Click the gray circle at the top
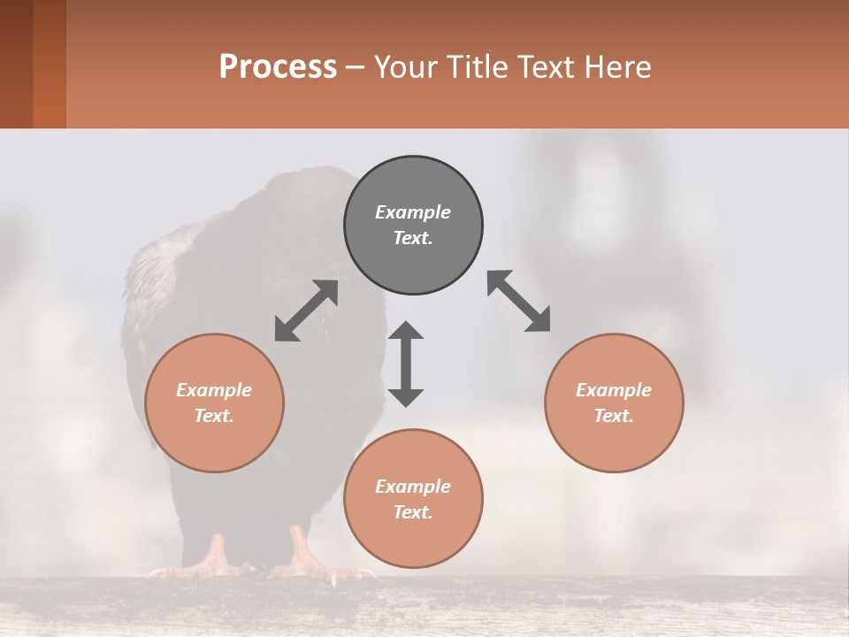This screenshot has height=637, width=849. (413, 225)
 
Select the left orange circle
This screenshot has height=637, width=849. (214, 403)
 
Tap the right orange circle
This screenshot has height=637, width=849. (614, 403)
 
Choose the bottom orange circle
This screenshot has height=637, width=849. (413, 499)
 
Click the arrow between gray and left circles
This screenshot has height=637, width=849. (306, 311)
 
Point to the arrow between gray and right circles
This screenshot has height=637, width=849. (518, 301)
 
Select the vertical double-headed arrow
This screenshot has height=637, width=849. (406, 364)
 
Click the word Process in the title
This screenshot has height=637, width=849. (278, 67)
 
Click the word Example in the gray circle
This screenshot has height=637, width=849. (413, 212)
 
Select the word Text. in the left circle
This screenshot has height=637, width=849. (214, 416)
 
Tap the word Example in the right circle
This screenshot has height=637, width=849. (614, 390)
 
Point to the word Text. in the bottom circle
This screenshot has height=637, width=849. (413, 512)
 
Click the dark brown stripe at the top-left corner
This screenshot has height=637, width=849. (16, 64)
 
